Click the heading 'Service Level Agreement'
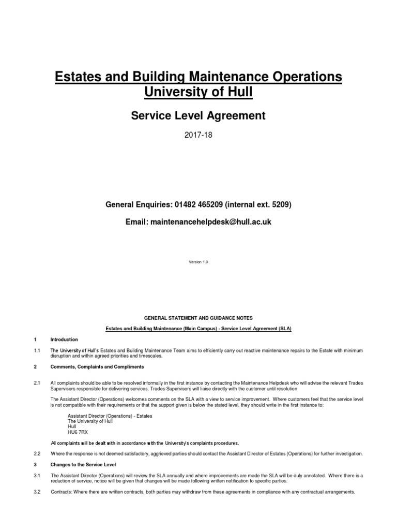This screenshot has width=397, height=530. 198,116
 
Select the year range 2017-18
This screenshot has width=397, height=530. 198,137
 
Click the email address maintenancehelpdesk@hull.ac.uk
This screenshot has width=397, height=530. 209,222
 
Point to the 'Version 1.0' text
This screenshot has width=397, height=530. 198,262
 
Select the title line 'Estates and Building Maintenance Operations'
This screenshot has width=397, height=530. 198,77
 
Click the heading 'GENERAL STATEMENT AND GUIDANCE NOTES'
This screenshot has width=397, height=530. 198,318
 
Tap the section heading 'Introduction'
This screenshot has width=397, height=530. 64,340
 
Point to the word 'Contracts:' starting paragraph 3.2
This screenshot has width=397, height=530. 61,492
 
